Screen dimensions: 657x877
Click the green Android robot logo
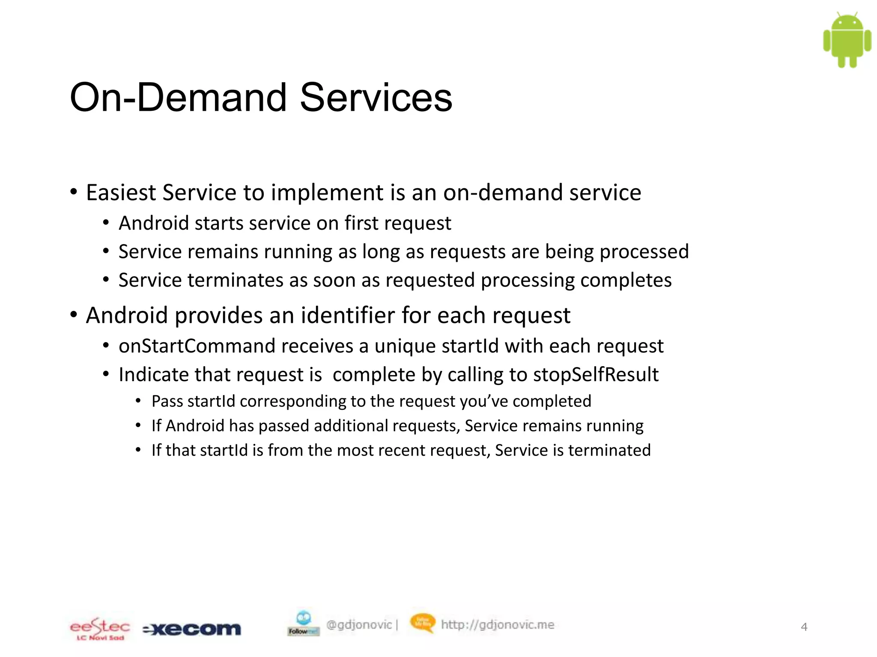point(847,40)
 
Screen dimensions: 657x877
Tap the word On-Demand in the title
point(178,98)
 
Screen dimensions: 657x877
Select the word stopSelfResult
point(596,375)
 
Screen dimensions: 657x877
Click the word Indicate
point(153,375)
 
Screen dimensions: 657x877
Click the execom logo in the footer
point(192,629)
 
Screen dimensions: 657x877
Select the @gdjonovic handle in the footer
point(359,625)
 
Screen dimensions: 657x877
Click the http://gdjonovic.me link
point(498,625)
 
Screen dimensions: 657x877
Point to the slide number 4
point(804,627)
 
